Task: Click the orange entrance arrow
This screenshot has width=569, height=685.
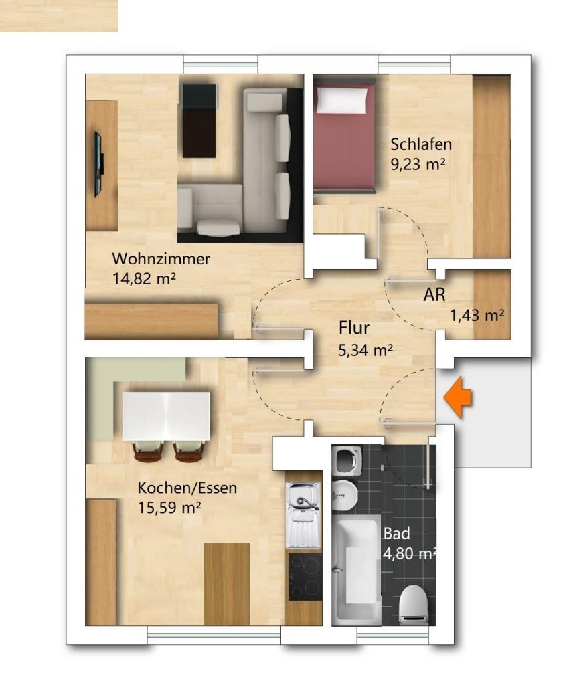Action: click(x=458, y=398)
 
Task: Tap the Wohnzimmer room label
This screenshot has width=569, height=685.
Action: click(x=161, y=259)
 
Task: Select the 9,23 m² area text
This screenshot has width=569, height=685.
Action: click(x=418, y=165)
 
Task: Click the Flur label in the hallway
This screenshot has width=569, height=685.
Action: click(x=354, y=328)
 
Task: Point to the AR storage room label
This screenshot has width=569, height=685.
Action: click(x=434, y=295)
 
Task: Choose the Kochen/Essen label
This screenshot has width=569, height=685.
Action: click(x=187, y=488)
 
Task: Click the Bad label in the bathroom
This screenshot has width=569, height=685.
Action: click(x=397, y=533)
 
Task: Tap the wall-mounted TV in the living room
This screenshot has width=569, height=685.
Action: click(x=99, y=165)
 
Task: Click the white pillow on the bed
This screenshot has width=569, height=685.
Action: click(x=342, y=100)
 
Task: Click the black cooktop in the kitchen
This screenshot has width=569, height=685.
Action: click(x=305, y=577)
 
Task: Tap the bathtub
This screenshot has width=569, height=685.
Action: click(x=356, y=570)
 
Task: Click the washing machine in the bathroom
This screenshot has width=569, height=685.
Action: click(x=347, y=461)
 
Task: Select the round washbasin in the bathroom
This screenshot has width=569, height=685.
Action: click(x=345, y=496)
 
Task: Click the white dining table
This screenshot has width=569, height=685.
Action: click(x=166, y=416)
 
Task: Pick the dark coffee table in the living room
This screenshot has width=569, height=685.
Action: click(x=199, y=120)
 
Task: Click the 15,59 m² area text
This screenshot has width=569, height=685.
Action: click(x=169, y=508)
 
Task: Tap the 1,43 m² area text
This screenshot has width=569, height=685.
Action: click(x=477, y=315)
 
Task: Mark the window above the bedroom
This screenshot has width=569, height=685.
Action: click(x=414, y=64)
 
